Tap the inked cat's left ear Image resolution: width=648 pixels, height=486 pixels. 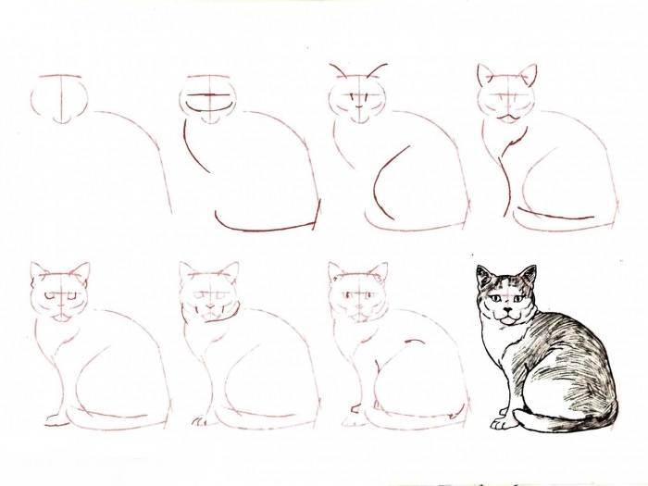coord(484,276)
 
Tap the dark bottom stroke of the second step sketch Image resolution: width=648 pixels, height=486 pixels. coord(264,226)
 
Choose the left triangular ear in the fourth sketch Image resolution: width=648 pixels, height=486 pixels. coord(485,73)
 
